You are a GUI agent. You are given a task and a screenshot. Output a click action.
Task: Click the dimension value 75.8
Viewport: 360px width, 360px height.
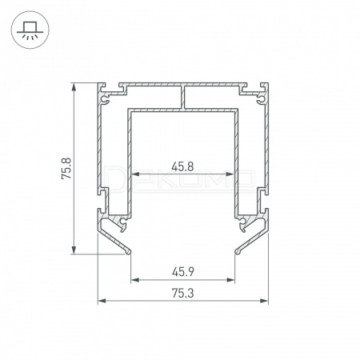[66, 168]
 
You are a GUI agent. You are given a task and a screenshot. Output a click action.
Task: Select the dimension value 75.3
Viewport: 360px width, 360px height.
[182, 294]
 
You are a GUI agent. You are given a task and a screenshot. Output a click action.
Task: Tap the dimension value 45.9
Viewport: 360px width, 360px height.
[182, 272]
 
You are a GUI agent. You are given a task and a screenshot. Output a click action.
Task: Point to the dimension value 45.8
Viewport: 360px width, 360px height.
[182, 166]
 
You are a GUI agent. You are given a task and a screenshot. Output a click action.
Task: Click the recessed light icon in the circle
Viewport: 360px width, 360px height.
[30, 30]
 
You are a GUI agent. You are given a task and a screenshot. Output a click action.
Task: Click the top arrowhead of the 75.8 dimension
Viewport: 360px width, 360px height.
[74, 86]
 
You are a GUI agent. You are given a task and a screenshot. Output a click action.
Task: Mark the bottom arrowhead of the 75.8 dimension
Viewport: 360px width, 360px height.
[74, 250]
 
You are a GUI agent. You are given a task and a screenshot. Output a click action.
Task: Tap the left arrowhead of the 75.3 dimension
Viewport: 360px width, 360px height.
[102, 301]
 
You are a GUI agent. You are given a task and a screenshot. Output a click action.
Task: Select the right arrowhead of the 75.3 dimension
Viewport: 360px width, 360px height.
[264, 301]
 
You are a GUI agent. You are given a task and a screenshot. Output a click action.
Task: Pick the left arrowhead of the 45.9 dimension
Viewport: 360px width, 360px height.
[135, 280]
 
